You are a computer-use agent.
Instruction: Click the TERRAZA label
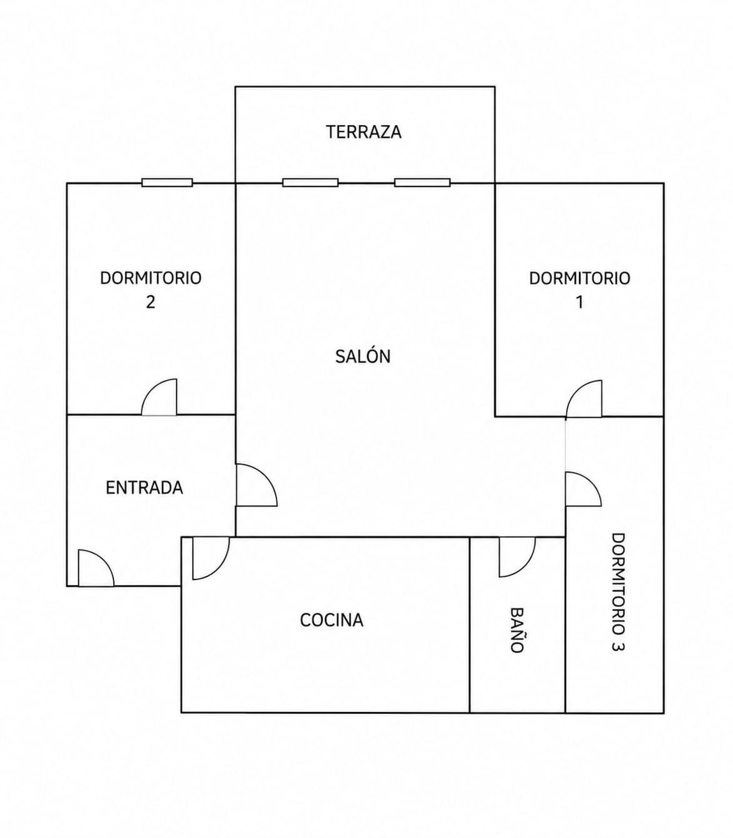pos(364,132)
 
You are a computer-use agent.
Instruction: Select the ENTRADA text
pos(145,488)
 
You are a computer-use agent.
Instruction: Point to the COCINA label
pos(332,620)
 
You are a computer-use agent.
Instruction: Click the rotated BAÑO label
pos(517,630)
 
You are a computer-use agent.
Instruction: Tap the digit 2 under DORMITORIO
pos(151,302)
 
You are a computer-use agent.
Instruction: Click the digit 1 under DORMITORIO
pos(580,302)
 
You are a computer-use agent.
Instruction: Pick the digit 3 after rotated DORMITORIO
pos(618,645)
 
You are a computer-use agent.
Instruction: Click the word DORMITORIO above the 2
pos(151,278)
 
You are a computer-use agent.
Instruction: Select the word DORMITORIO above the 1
pos(580,278)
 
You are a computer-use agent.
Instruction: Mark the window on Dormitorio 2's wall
pos(167,183)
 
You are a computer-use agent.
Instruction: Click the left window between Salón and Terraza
pos(310,183)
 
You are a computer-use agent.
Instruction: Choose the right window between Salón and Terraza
pos(422,183)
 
